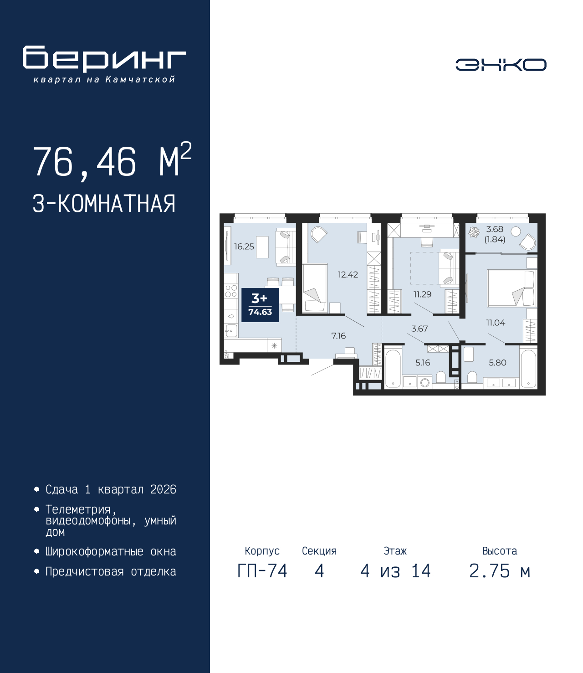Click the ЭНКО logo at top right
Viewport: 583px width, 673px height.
[x=501, y=65]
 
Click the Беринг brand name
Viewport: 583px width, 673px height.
[x=104, y=59]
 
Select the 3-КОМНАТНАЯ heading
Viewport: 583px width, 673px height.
[x=104, y=204]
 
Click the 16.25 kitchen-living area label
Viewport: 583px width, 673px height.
[x=244, y=247]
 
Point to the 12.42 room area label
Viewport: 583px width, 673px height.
[x=348, y=275]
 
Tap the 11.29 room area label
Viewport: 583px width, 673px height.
[x=422, y=294]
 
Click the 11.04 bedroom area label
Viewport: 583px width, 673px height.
[x=496, y=323]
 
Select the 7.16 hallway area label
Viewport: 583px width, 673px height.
[x=338, y=336]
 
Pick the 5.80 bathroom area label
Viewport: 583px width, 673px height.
[x=497, y=363]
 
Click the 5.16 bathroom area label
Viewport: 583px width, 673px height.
[x=423, y=363]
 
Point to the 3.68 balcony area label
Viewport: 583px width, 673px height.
[x=495, y=230]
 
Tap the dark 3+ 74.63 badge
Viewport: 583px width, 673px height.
[x=260, y=305]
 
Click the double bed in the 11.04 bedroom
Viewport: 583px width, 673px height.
[x=511, y=288]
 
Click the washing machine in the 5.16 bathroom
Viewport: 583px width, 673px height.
[x=425, y=382]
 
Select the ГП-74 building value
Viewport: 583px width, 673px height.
[x=262, y=571]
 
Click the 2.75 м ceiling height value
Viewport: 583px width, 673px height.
[x=500, y=571]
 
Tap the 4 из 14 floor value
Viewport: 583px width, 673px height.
[x=395, y=571]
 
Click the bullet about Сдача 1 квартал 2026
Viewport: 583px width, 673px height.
[x=111, y=490]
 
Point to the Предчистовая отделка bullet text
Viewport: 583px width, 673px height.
[x=111, y=572]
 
